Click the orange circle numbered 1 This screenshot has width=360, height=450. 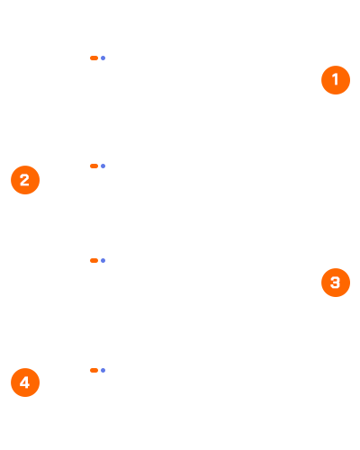coord(336,80)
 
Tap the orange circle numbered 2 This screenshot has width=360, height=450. coord(25,180)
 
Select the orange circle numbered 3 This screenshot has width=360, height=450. coord(336,283)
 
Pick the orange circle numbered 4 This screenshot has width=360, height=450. coord(25,382)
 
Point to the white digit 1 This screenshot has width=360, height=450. coord(336,79)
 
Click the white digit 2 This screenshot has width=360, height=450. coord(24,180)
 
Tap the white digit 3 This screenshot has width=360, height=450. coord(335,283)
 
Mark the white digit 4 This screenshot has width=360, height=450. coord(24,382)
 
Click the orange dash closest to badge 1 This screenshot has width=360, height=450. coord(94,58)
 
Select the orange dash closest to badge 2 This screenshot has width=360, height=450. coord(94,166)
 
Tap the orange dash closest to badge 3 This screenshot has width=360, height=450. coord(94,260)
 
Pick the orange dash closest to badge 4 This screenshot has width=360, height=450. coord(94,370)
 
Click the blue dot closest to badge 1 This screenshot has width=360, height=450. coord(103,58)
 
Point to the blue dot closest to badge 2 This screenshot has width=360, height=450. coord(103,166)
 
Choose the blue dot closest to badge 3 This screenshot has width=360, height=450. coord(103,260)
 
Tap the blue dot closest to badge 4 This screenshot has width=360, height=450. coord(103,370)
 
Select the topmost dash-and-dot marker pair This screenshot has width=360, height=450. coord(98,58)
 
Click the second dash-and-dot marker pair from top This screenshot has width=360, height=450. coord(98,166)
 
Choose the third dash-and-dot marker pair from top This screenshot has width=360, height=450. coord(98,260)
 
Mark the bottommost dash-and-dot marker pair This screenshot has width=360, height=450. coord(98,370)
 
